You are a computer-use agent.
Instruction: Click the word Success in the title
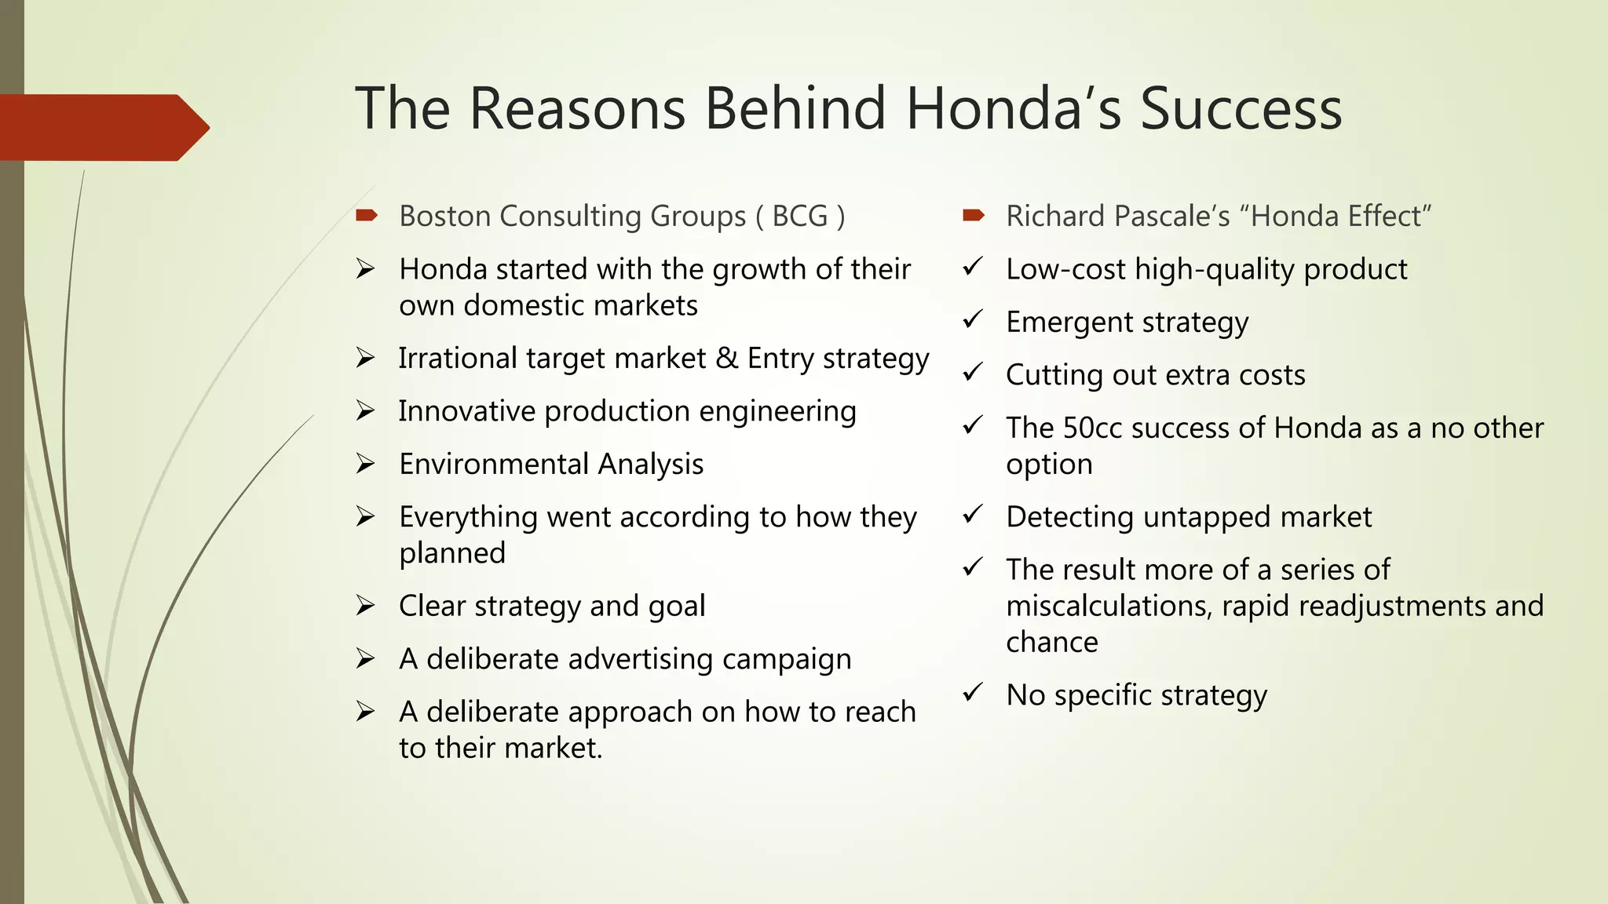click(x=1241, y=109)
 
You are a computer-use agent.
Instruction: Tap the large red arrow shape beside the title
click(x=102, y=128)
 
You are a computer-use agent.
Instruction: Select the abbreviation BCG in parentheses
click(x=800, y=217)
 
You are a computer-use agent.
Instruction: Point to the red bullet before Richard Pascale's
click(x=974, y=215)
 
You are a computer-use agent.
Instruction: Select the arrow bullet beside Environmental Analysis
click(x=365, y=464)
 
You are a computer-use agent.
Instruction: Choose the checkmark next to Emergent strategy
click(x=973, y=319)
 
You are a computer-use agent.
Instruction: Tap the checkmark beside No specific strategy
click(x=973, y=692)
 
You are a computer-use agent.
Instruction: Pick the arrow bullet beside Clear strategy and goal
click(x=365, y=606)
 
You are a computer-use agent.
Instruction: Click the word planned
click(x=452, y=554)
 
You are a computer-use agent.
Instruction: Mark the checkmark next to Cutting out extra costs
click(x=973, y=372)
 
